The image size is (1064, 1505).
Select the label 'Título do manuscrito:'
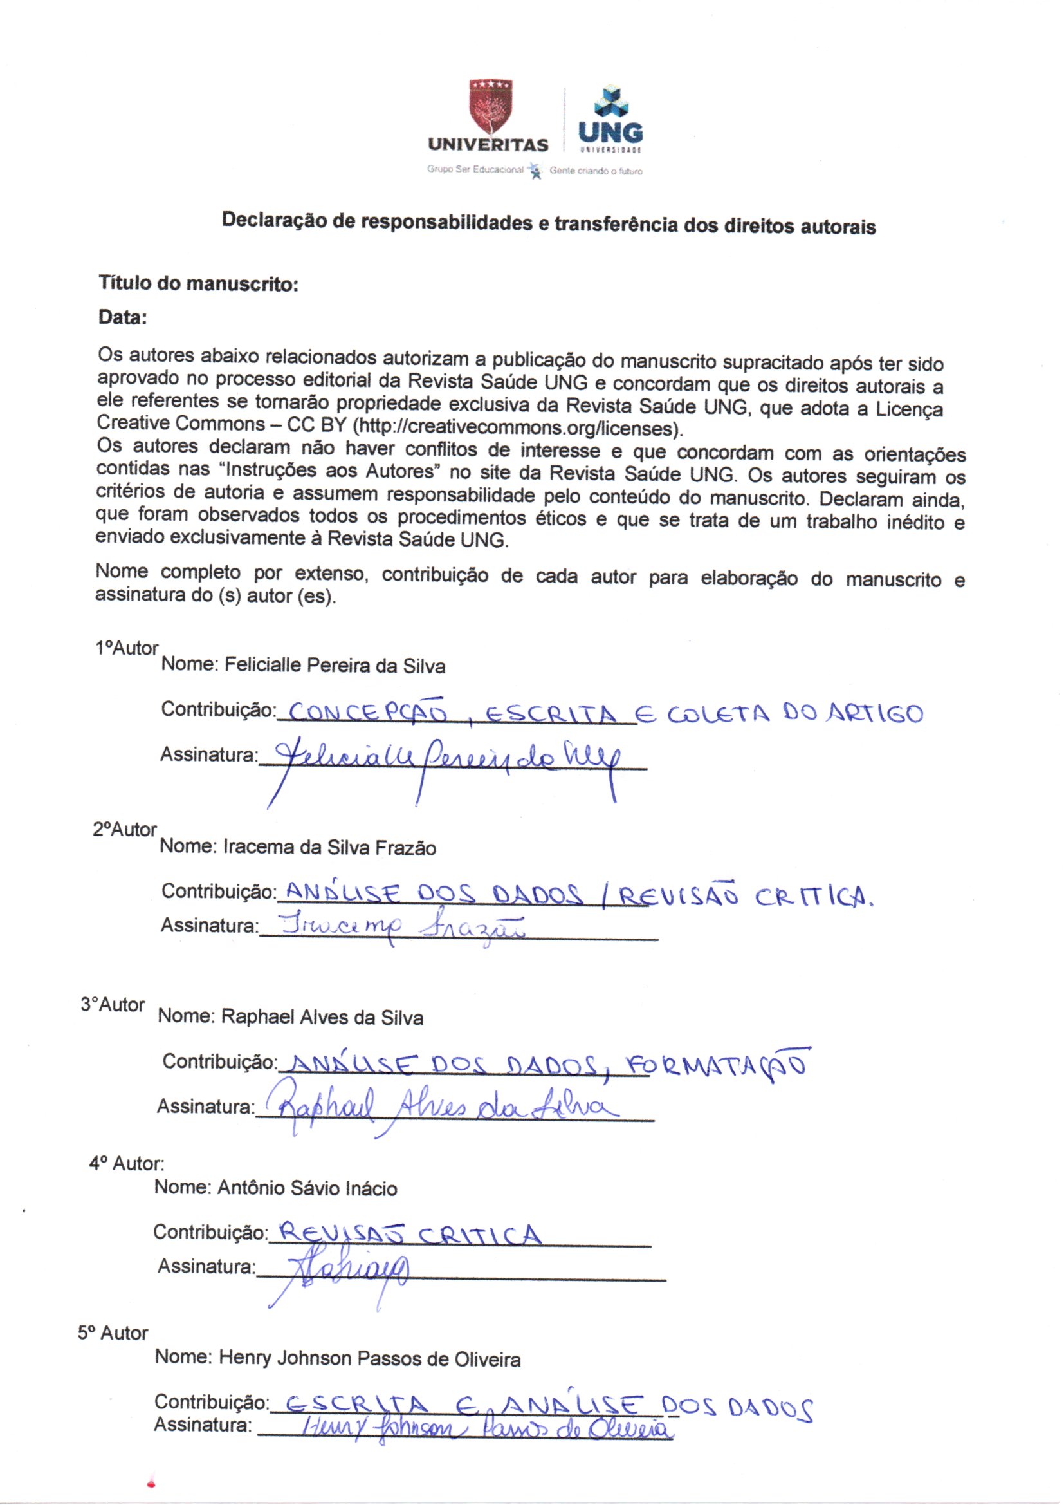tap(199, 284)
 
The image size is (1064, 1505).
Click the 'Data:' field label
tap(122, 318)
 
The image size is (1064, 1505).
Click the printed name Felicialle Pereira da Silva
tap(335, 666)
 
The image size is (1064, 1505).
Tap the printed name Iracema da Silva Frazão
tap(330, 848)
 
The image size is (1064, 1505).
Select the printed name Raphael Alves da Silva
tap(322, 1017)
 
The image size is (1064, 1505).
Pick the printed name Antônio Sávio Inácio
tap(308, 1188)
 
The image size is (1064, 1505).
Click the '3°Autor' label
tap(113, 1005)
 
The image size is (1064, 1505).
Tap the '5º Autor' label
tap(113, 1333)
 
